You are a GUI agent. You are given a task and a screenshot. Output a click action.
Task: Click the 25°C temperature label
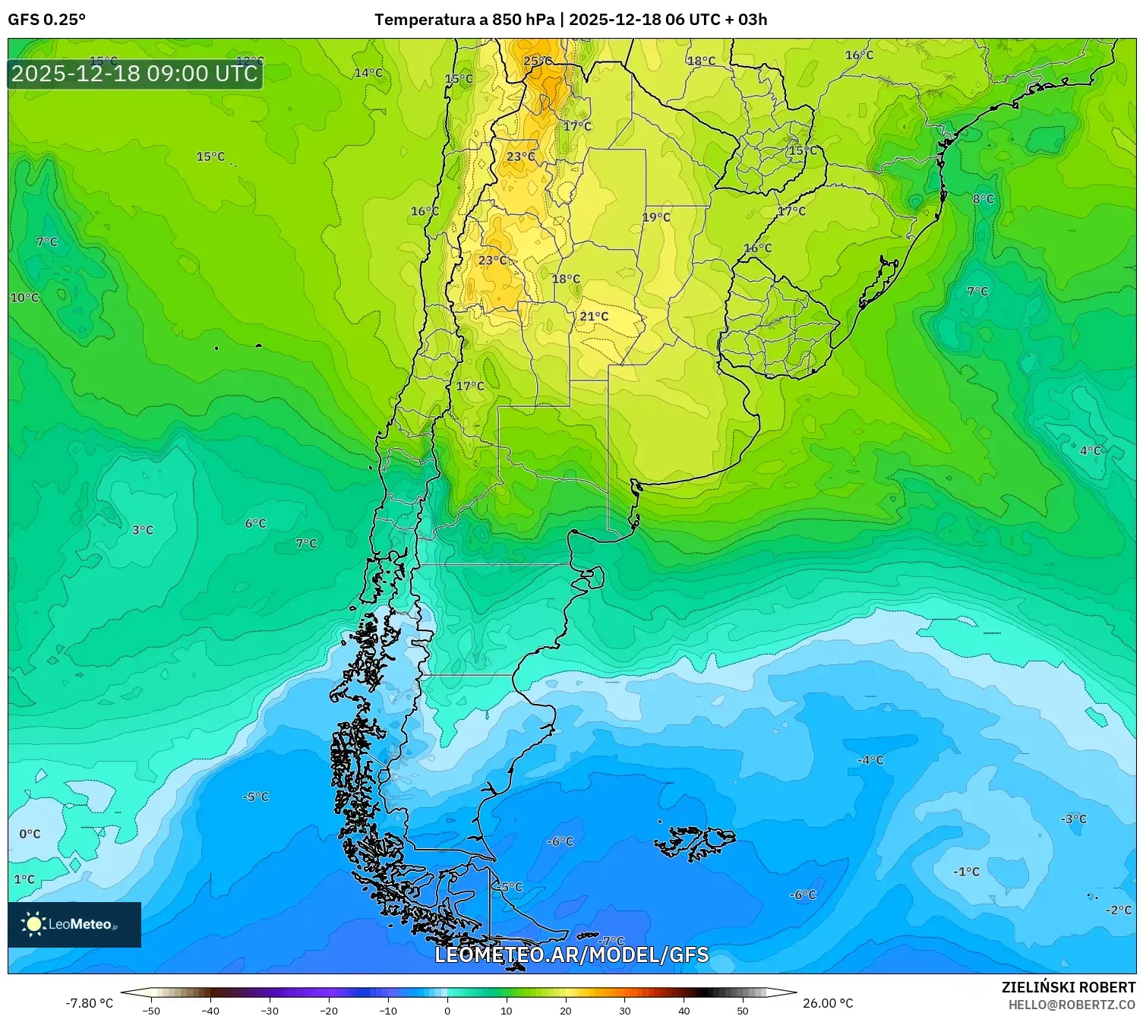click(538, 62)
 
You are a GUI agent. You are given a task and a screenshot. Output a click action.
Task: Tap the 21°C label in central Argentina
click(594, 317)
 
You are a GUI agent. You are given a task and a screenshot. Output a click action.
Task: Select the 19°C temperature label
click(656, 217)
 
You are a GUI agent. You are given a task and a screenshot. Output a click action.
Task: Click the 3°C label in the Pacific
click(143, 530)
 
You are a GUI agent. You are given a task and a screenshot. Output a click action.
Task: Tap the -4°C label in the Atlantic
click(870, 760)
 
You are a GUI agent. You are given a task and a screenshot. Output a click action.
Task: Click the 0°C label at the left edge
click(30, 834)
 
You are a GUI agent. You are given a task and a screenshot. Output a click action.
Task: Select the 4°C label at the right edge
click(1090, 450)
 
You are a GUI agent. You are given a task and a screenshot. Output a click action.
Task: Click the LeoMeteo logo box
click(74, 924)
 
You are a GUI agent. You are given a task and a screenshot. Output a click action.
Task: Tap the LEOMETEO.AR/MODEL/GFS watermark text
click(571, 954)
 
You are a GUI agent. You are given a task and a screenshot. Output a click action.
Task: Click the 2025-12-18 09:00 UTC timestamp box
click(135, 74)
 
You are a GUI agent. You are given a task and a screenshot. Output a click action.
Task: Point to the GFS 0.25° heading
click(46, 20)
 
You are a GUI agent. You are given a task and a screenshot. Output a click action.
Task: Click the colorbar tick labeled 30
click(624, 1010)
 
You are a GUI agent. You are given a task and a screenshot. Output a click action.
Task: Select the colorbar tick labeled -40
click(210, 1010)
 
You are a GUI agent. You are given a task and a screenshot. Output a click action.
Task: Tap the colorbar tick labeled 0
click(447, 1010)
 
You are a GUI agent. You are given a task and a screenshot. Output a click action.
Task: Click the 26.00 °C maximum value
click(828, 1003)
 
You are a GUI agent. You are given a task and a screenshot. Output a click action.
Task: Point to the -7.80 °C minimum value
click(89, 1003)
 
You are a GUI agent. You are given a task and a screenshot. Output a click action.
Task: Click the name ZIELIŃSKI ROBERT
click(1068, 987)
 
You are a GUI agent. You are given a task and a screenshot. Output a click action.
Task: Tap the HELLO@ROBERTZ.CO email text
click(1071, 1005)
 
